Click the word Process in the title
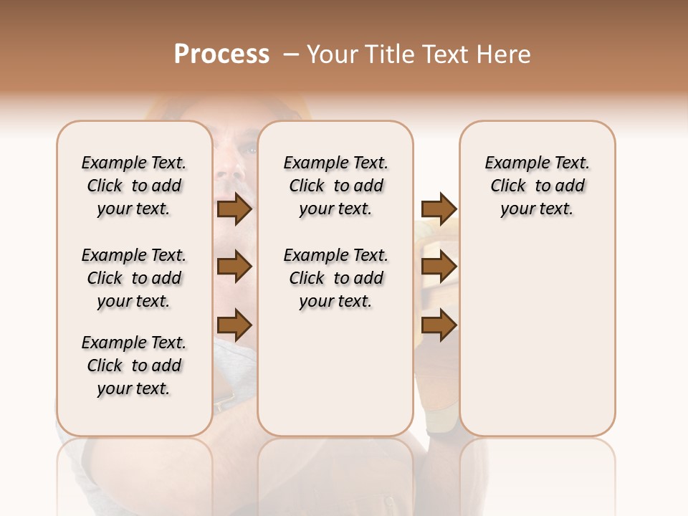pos(221,54)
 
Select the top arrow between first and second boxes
pos(234,209)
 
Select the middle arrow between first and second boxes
pos(234,267)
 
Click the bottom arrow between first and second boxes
pos(234,325)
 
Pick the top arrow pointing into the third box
pos(439,209)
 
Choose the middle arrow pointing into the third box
pos(439,267)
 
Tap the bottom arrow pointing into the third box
pos(439,325)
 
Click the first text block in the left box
pos(134,186)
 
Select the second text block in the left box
pos(134,278)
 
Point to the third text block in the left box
pos(134,365)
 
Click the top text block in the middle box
pos(335,186)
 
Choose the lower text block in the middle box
pos(335,278)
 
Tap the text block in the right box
pos(537,186)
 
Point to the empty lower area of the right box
pos(537,337)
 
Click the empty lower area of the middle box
pos(335,373)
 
